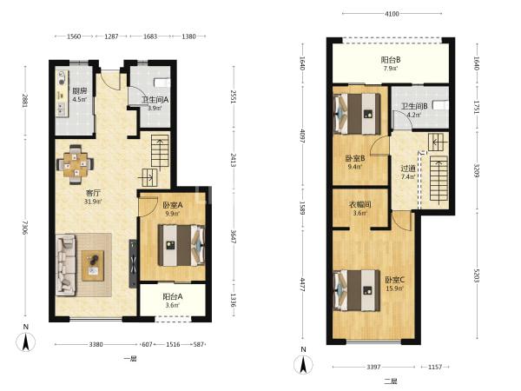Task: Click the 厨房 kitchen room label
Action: [x=79, y=90]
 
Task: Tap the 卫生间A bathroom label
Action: [x=155, y=99]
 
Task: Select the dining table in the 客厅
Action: [x=76, y=164]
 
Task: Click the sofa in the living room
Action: [x=66, y=265]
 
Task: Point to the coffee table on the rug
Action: [x=93, y=266]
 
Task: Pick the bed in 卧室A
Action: [x=181, y=246]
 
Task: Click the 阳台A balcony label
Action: [x=173, y=296]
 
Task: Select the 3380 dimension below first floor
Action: [x=96, y=344]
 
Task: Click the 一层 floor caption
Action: [x=130, y=358]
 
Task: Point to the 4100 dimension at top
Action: [x=392, y=14]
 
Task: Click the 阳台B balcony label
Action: [x=391, y=60]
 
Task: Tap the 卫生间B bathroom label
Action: [x=414, y=106]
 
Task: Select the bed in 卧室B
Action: [x=357, y=114]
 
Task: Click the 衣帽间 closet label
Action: [x=359, y=204]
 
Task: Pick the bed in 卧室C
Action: [x=357, y=290]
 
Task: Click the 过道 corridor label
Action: [x=408, y=169]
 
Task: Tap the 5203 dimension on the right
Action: [x=477, y=276]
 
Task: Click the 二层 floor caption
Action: [x=391, y=381]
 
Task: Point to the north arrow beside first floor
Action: [x=25, y=341]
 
